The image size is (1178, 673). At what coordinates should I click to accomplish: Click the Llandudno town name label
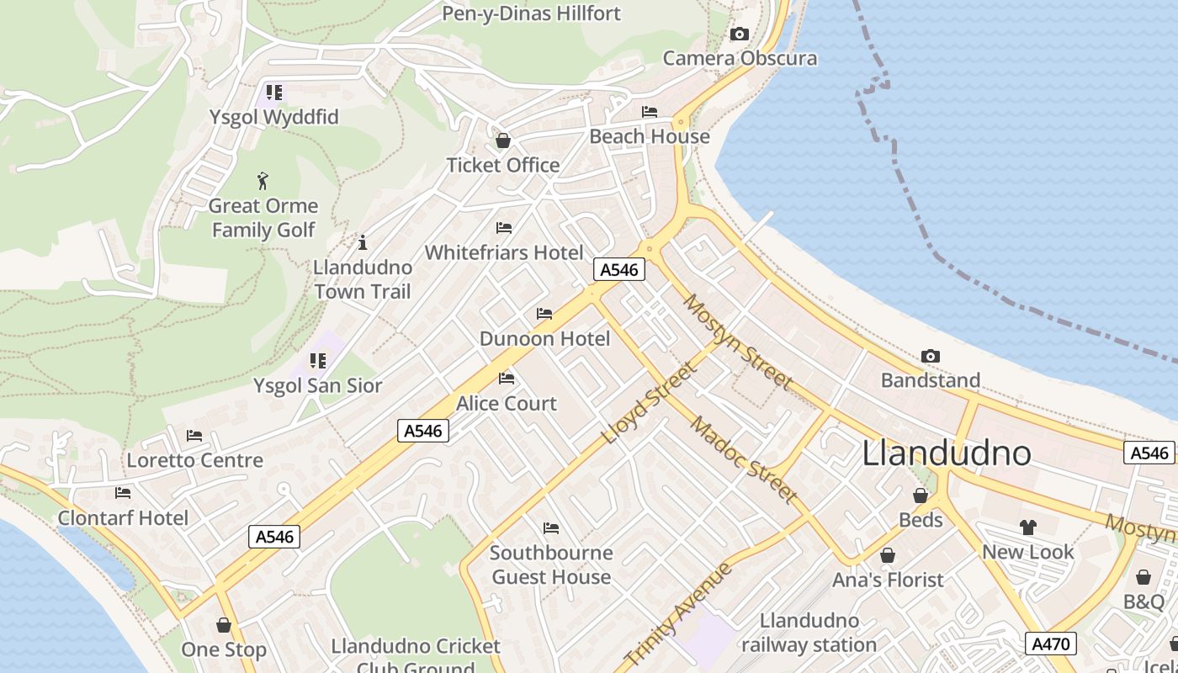point(947,453)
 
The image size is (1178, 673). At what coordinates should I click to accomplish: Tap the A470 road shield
point(1050,644)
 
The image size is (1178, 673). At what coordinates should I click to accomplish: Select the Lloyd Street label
point(650,404)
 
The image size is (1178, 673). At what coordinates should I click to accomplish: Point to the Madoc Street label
point(744,458)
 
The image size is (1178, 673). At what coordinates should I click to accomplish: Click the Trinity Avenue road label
point(678,614)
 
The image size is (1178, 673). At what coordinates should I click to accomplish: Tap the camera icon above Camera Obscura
point(740,34)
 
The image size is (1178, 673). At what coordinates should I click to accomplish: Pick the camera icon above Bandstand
point(931,357)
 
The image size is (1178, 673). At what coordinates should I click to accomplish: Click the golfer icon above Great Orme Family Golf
point(263,181)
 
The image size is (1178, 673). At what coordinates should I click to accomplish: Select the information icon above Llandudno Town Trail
point(363,243)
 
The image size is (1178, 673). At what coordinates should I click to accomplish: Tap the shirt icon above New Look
point(1027,527)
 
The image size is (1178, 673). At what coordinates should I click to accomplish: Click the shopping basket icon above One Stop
point(224,625)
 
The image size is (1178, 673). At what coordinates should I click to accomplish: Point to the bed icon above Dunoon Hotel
point(544,314)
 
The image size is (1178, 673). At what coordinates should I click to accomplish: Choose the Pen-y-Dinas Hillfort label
point(531,13)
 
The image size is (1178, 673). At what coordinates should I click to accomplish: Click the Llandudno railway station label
point(808,633)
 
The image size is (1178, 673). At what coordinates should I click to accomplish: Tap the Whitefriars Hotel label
point(504,252)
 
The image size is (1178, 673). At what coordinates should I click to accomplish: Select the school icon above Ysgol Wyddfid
point(274,92)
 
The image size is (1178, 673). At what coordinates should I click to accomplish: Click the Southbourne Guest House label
point(551,564)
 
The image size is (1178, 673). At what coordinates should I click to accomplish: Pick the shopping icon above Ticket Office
point(503,140)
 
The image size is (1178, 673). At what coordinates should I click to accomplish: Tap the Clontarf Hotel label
point(123,517)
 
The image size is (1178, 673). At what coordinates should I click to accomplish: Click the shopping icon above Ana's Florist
point(888,555)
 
